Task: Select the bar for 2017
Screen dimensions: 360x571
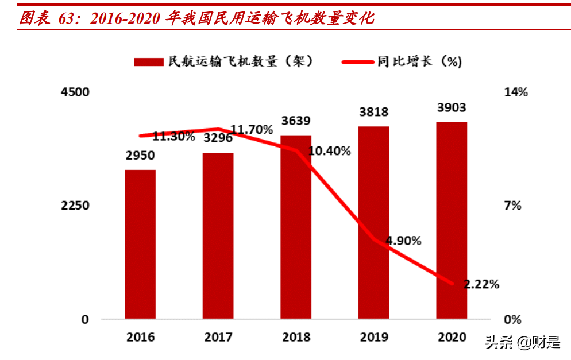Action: pyautogui.click(x=218, y=235)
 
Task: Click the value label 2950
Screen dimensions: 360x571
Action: pyautogui.click(x=140, y=157)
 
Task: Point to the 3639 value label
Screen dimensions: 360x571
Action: pyautogui.click(x=296, y=121)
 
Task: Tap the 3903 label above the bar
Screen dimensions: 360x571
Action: pyautogui.click(x=452, y=108)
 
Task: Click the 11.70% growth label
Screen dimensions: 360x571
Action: pyautogui.click(x=251, y=130)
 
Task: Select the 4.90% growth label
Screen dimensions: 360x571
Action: pyautogui.click(x=404, y=241)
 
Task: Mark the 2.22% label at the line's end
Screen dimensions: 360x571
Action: pyautogui.click(x=481, y=284)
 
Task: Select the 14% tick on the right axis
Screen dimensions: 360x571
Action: pyautogui.click(x=515, y=92)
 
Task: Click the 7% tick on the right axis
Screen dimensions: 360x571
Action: pyautogui.click(x=512, y=206)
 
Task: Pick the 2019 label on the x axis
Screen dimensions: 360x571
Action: pyautogui.click(x=373, y=337)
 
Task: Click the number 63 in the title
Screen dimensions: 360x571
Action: pyautogui.click(x=67, y=18)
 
